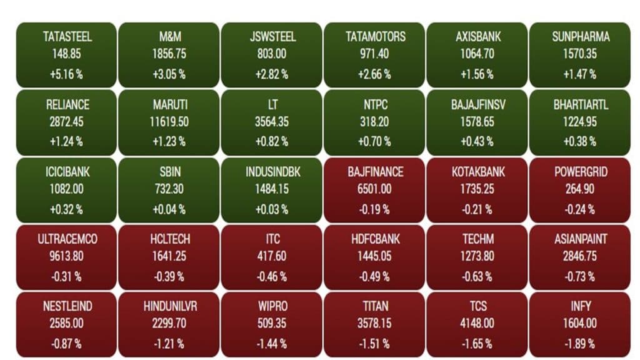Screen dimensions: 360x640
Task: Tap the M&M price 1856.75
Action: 170,54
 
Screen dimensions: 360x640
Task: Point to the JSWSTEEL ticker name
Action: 272,37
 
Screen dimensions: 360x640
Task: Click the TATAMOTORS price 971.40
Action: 375,54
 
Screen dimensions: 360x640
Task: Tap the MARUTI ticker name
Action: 170,104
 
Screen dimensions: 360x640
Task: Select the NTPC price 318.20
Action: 375,122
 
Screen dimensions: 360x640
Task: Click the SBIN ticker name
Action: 170,172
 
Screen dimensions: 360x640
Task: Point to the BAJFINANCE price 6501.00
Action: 375,189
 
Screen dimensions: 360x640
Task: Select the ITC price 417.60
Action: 272,256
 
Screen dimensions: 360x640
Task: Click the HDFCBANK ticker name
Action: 375,239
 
